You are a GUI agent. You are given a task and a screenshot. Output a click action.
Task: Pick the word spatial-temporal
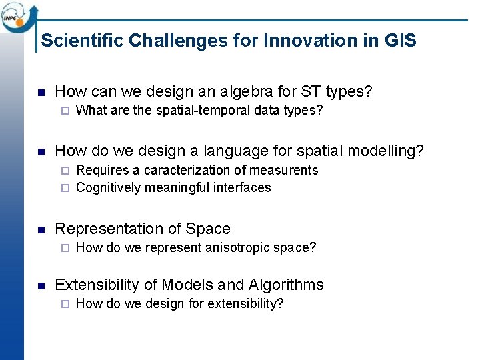pos(201,111)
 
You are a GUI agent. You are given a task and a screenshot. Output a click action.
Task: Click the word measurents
pos(285,171)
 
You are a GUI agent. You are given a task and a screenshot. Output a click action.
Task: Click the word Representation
pos(109,229)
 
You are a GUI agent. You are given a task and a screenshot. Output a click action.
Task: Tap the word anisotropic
pos(233,248)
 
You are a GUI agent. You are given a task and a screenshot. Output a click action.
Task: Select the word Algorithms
pos(286,285)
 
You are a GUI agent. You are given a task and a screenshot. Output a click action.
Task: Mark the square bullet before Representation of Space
pos(41,230)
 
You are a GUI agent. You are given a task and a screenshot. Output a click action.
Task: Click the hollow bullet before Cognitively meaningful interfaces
pos(65,188)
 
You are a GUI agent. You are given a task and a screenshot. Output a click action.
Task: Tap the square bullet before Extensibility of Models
pos(41,286)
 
